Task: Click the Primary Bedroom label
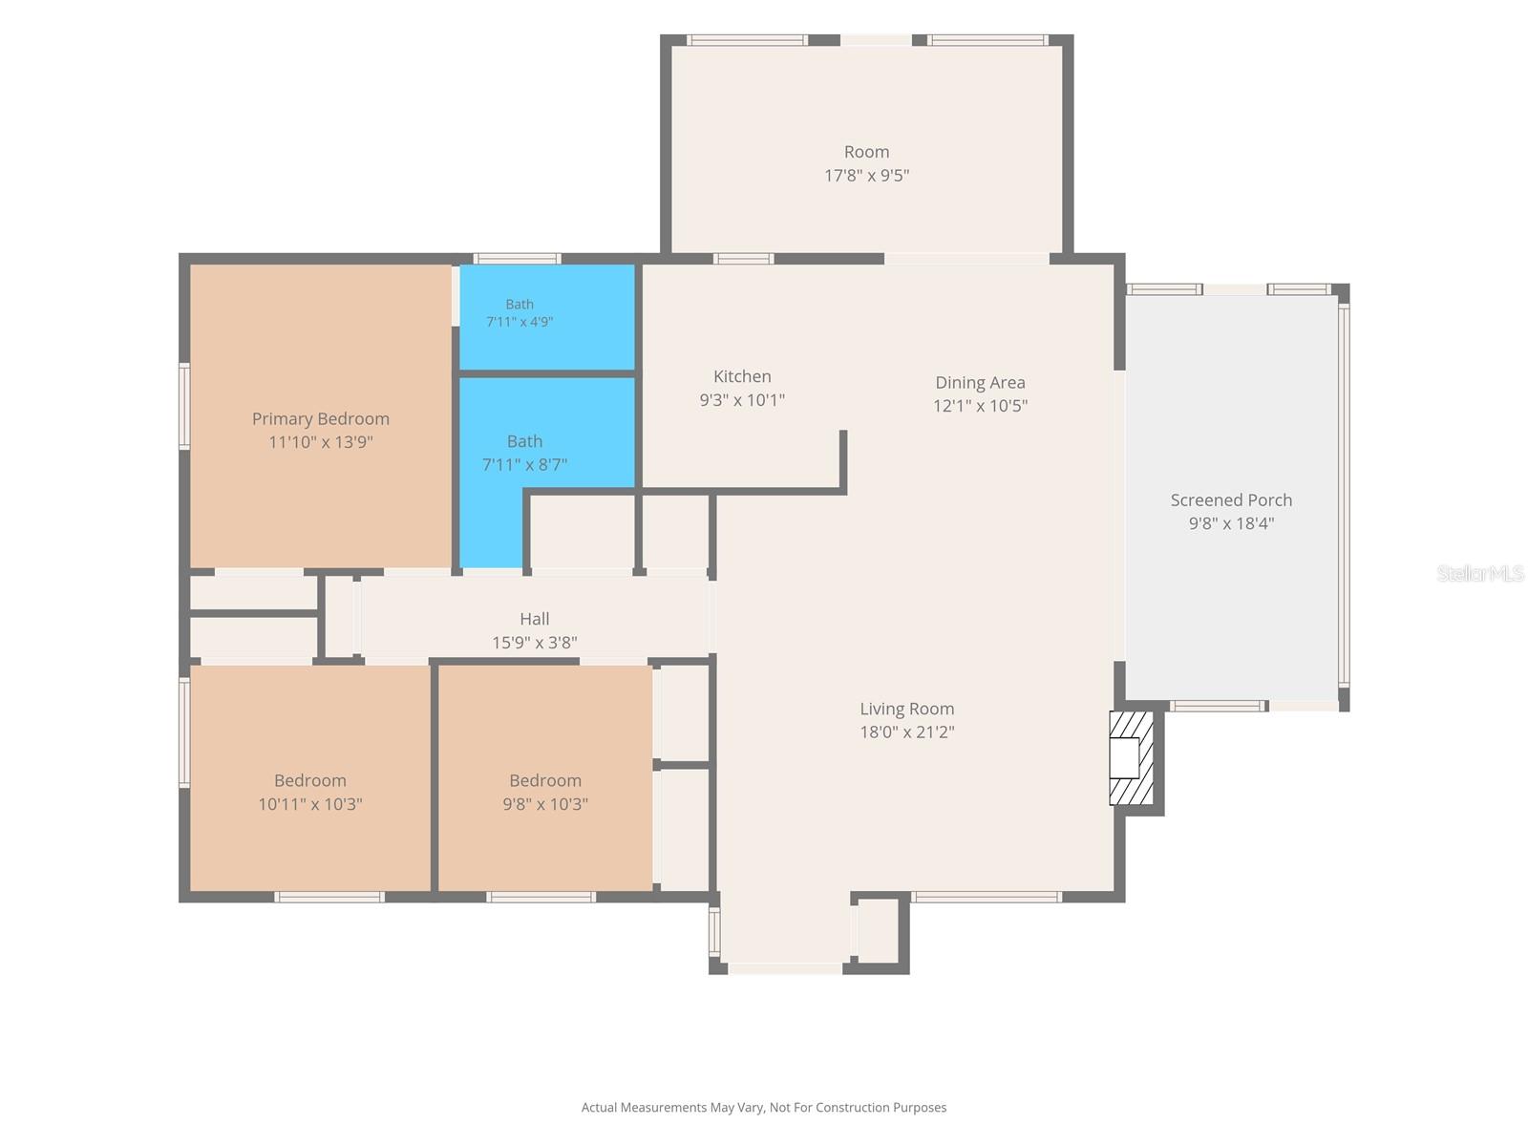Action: tap(320, 419)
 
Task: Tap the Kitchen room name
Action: tap(742, 376)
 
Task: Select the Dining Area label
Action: tap(980, 383)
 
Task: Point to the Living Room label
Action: tap(906, 709)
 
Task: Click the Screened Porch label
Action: tap(1231, 499)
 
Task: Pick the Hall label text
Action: tap(534, 619)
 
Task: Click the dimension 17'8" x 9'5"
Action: tap(867, 176)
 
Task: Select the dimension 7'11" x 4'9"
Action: tap(520, 322)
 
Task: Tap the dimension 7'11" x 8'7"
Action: tap(524, 464)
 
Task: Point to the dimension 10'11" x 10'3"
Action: tap(309, 804)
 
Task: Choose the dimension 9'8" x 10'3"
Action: tap(545, 804)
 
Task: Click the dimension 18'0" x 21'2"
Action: tap(906, 732)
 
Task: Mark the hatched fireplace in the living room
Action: tap(1131, 757)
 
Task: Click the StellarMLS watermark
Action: tap(1480, 573)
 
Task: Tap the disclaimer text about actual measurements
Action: tap(764, 1107)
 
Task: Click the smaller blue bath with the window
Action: tap(547, 317)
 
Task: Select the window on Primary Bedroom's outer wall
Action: tap(184, 407)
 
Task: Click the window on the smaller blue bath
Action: tap(517, 259)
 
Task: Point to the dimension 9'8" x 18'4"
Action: tap(1231, 523)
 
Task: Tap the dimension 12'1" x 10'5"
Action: tap(980, 406)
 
